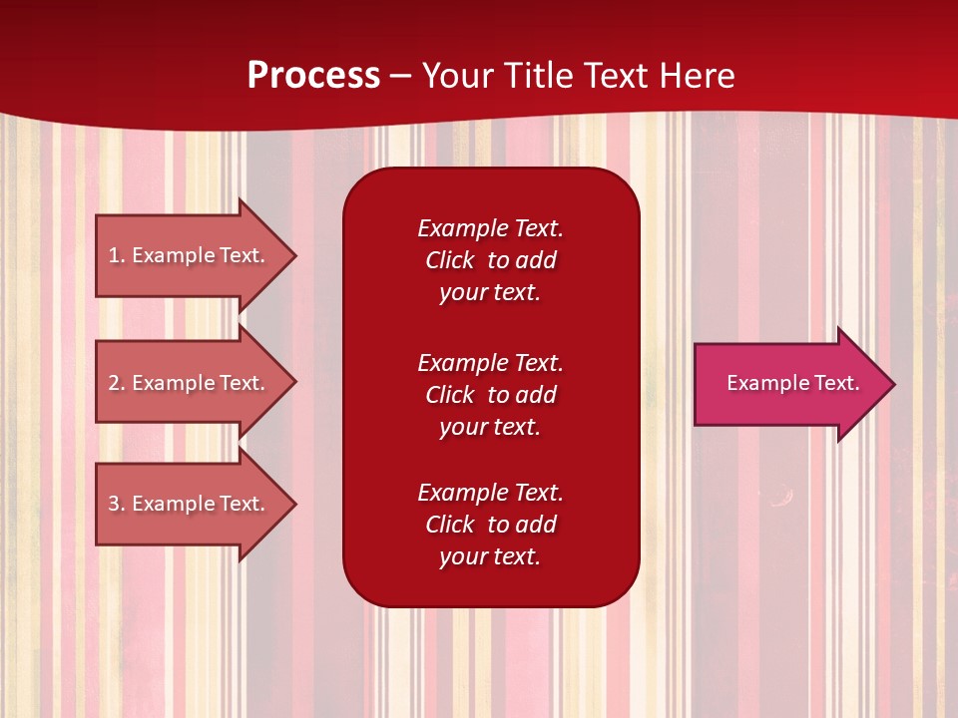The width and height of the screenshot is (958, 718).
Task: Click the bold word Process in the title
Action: (313, 76)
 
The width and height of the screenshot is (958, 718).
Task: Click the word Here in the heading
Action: (698, 76)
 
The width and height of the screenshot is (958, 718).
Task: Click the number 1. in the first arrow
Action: (116, 255)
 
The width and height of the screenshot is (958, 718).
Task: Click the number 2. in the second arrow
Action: (116, 383)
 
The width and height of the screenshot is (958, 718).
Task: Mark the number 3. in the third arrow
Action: (116, 504)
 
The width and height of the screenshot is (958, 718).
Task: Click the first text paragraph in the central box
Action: (490, 260)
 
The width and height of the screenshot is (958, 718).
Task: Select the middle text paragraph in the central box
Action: (490, 395)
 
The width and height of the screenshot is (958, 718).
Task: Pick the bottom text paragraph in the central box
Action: (490, 525)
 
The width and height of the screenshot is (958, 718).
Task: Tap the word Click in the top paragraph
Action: (449, 260)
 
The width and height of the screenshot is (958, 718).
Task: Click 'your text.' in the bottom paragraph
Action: (490, 556)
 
